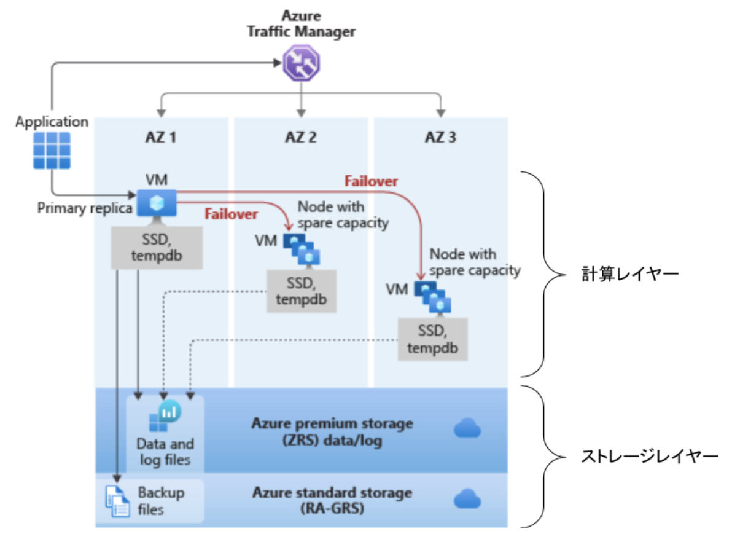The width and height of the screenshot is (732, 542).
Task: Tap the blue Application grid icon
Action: pyautogui.click(x=52, y=150)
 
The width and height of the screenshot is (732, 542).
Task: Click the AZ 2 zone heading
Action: pyautogui.click(x=301, y=137)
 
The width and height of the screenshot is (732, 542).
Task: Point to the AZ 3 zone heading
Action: pyautogui.click(x=440, y=137)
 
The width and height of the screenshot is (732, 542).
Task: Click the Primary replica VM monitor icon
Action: pyautogui.click(x=157, y=204)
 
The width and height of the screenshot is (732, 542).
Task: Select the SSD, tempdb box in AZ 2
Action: pyautogui.click(x=300, y=291)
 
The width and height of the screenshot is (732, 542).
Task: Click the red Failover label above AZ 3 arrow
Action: pyautogui.click(x=371, y=181)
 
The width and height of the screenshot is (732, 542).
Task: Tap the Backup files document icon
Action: pyautogui.click(x=117, y=500)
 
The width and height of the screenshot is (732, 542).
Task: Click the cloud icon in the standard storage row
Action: pyautogui.click(x=467, y=499)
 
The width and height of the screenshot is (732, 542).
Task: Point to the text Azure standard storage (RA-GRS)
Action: pyautogui.click(x=332, y=500)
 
